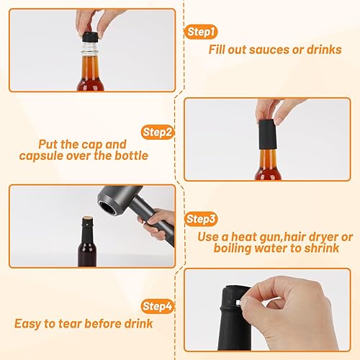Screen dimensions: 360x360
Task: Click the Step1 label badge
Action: click(201, 32)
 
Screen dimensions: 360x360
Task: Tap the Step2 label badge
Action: click(157, 132)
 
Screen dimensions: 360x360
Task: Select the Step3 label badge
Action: click(202, 219)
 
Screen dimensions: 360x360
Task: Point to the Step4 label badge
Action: click(158, 306)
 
